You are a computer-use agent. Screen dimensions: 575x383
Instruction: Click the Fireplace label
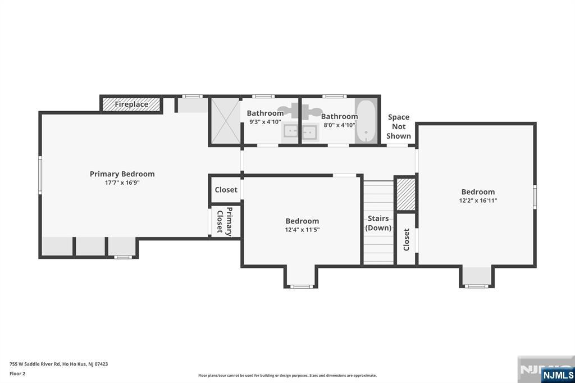[x=131, y=104]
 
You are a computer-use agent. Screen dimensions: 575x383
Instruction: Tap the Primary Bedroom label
[x=122, y=174]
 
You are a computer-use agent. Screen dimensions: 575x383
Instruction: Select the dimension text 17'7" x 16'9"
[x=122, y=183]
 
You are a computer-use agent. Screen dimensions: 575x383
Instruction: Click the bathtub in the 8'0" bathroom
[x=366, y=121]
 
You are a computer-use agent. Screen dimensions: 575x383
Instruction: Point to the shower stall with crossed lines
[x=225, y=121]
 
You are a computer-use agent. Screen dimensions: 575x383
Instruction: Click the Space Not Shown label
[x=399, y=126]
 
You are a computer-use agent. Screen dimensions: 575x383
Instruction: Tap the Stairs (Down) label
[x=378, y=223]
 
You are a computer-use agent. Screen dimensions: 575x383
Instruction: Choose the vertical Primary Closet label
[x=225, y=222]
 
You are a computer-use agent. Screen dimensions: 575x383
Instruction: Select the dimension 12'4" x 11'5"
[x=302, y=230]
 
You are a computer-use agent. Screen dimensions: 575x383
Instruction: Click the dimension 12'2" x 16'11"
[x=478, y=200]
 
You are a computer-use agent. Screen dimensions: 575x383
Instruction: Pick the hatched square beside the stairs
[x=406, y=194]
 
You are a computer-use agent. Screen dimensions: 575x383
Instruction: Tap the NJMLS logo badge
[x=558, y=375]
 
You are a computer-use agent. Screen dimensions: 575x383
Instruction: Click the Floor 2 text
[x=17, y=374]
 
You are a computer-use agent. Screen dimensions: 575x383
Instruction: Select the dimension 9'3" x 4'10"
[x=265, y=122]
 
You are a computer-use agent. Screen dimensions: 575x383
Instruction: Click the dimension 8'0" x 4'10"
[x=339, y=125]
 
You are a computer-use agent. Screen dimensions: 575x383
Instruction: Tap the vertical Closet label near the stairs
[x=407, y=240]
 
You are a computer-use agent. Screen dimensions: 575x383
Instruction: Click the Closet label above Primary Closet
[x=226, y=190]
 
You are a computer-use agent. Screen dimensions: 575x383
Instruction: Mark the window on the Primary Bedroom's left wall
[x=40, y=175]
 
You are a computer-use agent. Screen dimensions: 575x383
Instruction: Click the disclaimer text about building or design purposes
[x=287, y=376]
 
